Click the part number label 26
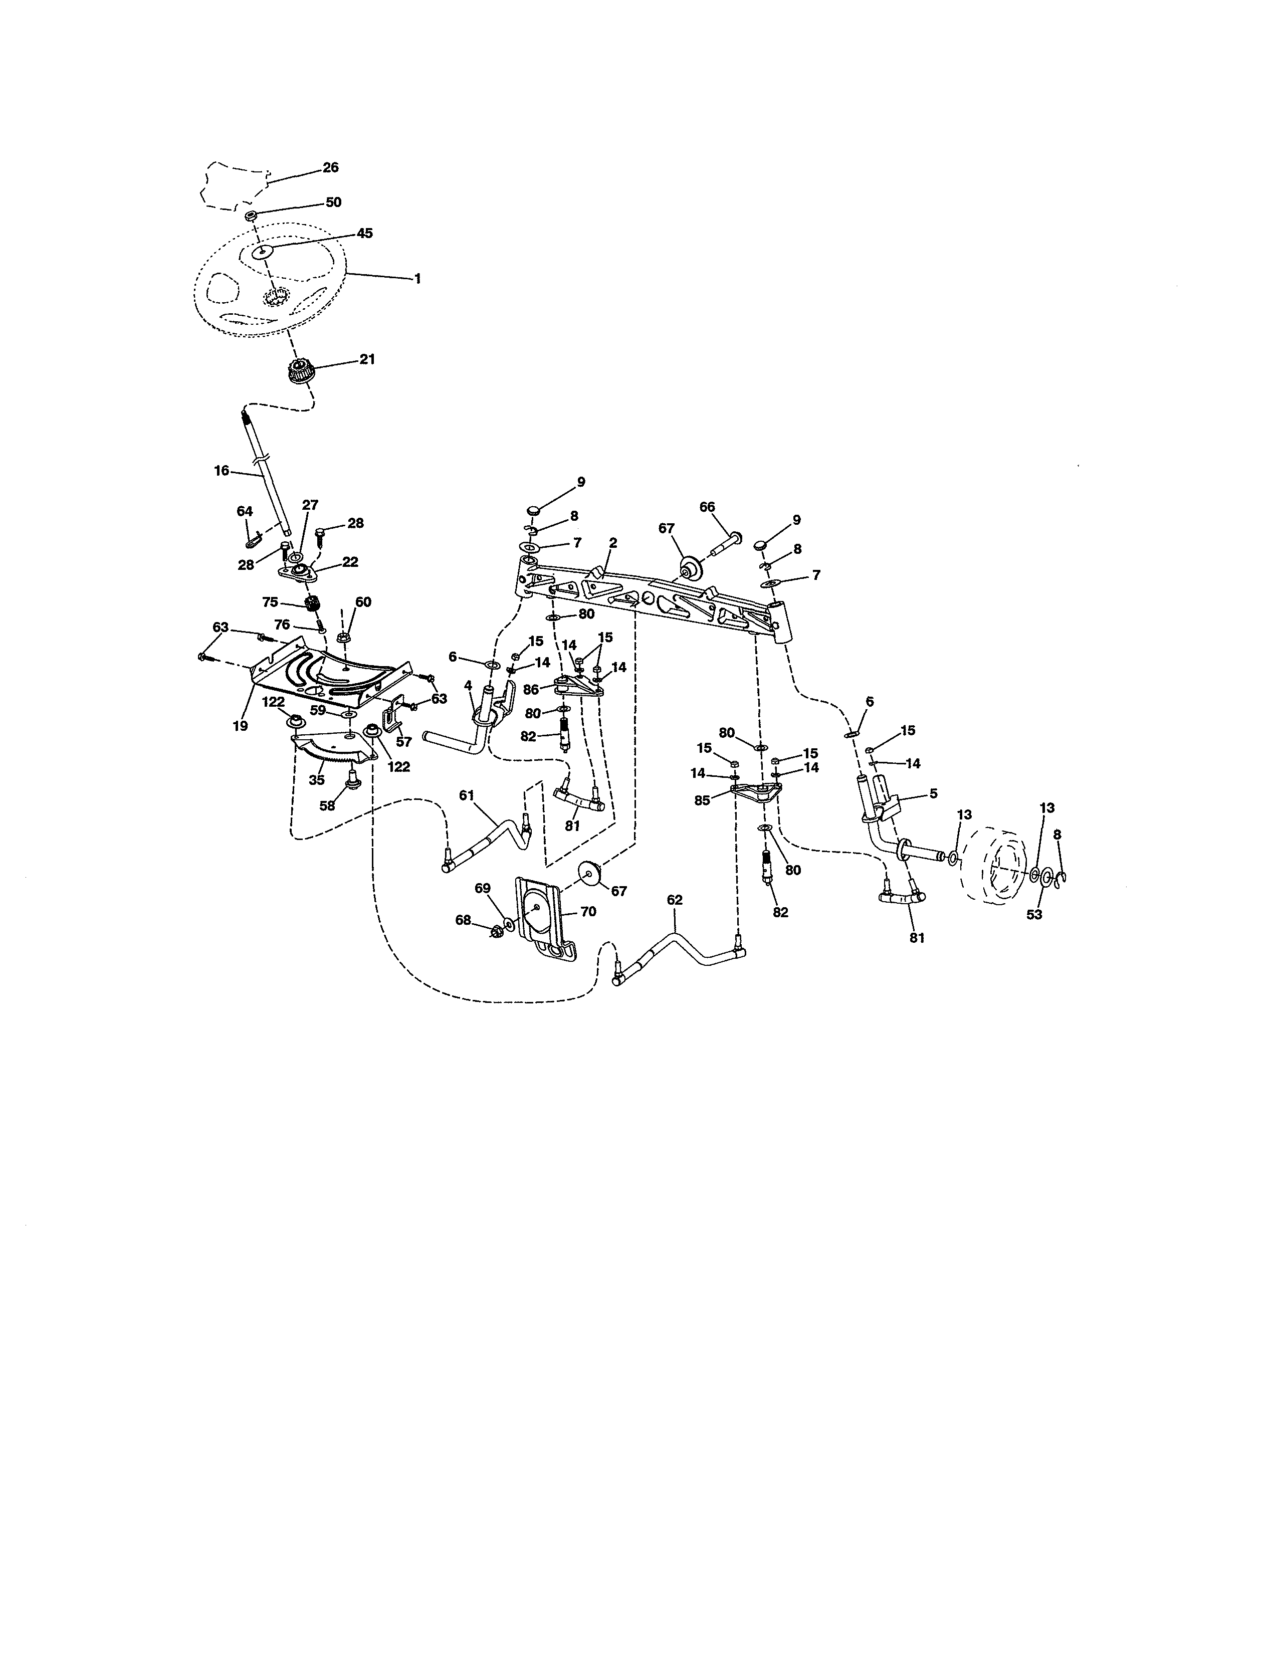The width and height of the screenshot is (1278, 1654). (x=331, y=167)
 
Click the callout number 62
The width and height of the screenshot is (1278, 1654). (x=675, y=900)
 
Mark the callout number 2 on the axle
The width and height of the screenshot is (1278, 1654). (x=612, y=542)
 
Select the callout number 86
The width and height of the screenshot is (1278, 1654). (x=531, y=690)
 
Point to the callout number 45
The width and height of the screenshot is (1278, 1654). (x=364, y=233)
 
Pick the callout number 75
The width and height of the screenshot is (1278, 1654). (x=270, y=602)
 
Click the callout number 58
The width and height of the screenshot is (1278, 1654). (x=327, y=806)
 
